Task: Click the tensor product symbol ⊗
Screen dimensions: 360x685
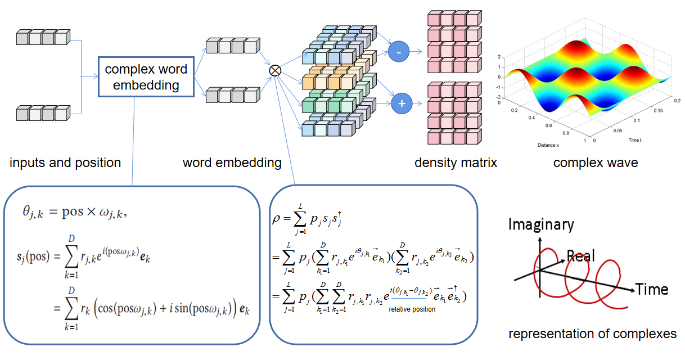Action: pyautogui.click(x=274, y=70)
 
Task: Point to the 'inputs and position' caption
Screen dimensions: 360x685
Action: pyautogui.click(x=65, y=163)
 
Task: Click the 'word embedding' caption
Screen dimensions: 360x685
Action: pyautogui.click(x=232, y=163)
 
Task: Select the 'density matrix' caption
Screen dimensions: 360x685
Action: pyautogui.click(x=456, y=163)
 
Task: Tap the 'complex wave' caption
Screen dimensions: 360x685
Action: pyautogui.click(x=596, y=163)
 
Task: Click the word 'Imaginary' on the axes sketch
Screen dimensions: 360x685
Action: pyautogui.click(x=541, y=225)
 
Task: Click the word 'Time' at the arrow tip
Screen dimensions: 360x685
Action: pyautogui.click(x=652, y=290)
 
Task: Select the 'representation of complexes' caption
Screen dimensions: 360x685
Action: pyautogui.click(x=593, y=334)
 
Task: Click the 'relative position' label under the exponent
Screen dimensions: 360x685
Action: pyautogui.click(x=412, y=309)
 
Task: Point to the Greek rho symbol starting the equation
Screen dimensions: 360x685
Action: pyautogui.click(x=276, y=217)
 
